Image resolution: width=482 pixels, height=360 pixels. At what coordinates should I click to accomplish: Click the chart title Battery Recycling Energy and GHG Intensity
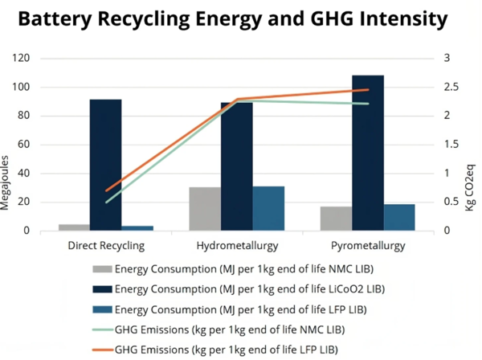pyautogui.click(x=241, y=17)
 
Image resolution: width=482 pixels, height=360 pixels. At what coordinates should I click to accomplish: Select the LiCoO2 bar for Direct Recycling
pyautogui.click(x=105, y=166)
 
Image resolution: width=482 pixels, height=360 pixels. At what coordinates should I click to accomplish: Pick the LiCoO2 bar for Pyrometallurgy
pyautogui.click(x=368, y=153)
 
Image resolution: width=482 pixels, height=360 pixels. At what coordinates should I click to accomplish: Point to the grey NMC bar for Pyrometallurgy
pyautogui.click(x=337, y=219)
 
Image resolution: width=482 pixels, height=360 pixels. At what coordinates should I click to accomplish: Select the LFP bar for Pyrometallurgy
pyautogui.click(x=399, y=218)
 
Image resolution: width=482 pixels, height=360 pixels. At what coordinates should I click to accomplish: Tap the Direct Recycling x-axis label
pyautogui.click(x=106, y=245)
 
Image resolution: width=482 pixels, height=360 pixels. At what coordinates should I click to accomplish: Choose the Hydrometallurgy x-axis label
pyautogui.click(x=236, y=245)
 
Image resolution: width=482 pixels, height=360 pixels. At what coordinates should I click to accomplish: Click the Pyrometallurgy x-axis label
pyautogui.click(x=368, y=245)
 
